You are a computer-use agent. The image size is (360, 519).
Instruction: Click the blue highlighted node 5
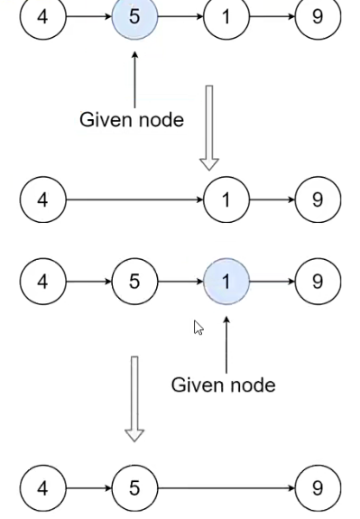point(134,17)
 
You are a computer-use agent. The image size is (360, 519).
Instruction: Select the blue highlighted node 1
point(226,282)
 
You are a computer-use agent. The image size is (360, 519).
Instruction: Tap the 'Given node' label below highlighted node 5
point(132,119)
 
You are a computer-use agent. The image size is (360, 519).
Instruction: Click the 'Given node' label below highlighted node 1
point(223,385)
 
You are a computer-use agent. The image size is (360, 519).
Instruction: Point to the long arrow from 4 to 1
point(134,199)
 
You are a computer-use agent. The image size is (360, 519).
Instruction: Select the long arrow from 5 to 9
point(226,488)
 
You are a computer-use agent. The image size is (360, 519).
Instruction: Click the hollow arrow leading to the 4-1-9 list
point(209,127)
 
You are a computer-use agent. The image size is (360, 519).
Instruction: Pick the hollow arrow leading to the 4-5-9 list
point(134,398)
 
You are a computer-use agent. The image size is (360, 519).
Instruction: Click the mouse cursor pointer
point(198,328)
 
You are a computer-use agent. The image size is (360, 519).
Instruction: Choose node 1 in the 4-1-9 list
point(226,199)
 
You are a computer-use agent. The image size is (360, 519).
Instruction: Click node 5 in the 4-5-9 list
point(134,488)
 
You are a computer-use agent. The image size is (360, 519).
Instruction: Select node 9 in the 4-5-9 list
point(318,488)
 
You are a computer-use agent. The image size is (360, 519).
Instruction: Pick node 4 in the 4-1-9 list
point(42,199)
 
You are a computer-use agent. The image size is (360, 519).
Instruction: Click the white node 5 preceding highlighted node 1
point(134,282)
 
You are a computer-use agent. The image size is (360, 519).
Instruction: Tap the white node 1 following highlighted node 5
point(226,17)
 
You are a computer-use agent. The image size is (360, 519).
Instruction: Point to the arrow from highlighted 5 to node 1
point(180,17)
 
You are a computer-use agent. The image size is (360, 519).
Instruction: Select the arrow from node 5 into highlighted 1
point(180,282)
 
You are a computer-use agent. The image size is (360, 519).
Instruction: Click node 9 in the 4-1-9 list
point(318,199)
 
